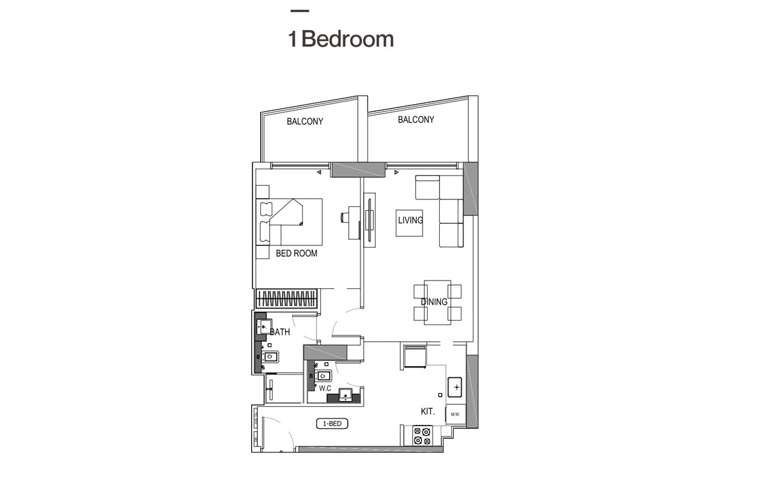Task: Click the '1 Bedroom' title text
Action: point(341,39)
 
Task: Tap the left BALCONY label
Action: point(305,121)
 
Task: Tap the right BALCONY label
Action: point(416,119)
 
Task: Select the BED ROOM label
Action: point(297,254)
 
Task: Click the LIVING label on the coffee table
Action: point(410,220)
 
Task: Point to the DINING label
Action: point(434,302)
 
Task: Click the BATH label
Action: point(280,332)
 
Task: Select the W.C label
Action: point(325,388)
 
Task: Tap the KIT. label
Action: point(428,412)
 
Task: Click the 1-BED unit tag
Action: point(332,424)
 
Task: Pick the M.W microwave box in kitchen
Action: point(455,415)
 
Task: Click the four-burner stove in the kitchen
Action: point(422,436)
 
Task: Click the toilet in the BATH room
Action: point(270,357)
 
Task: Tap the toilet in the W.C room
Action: point(323,374)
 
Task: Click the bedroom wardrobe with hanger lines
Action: point(287,298)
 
